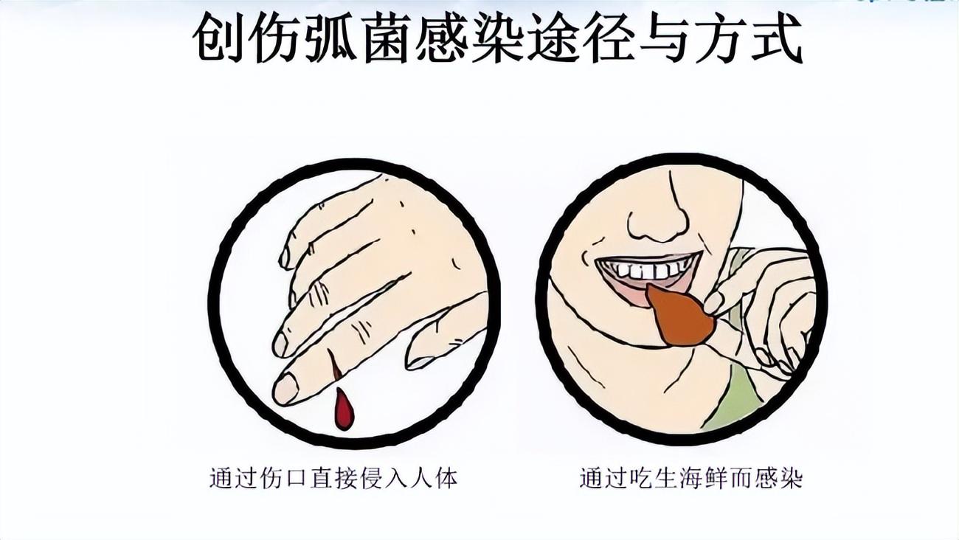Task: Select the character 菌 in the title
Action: point(386,39)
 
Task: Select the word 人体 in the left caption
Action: point(433,477)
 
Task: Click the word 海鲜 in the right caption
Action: point(702,478)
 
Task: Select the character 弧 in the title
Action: point(330,39)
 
